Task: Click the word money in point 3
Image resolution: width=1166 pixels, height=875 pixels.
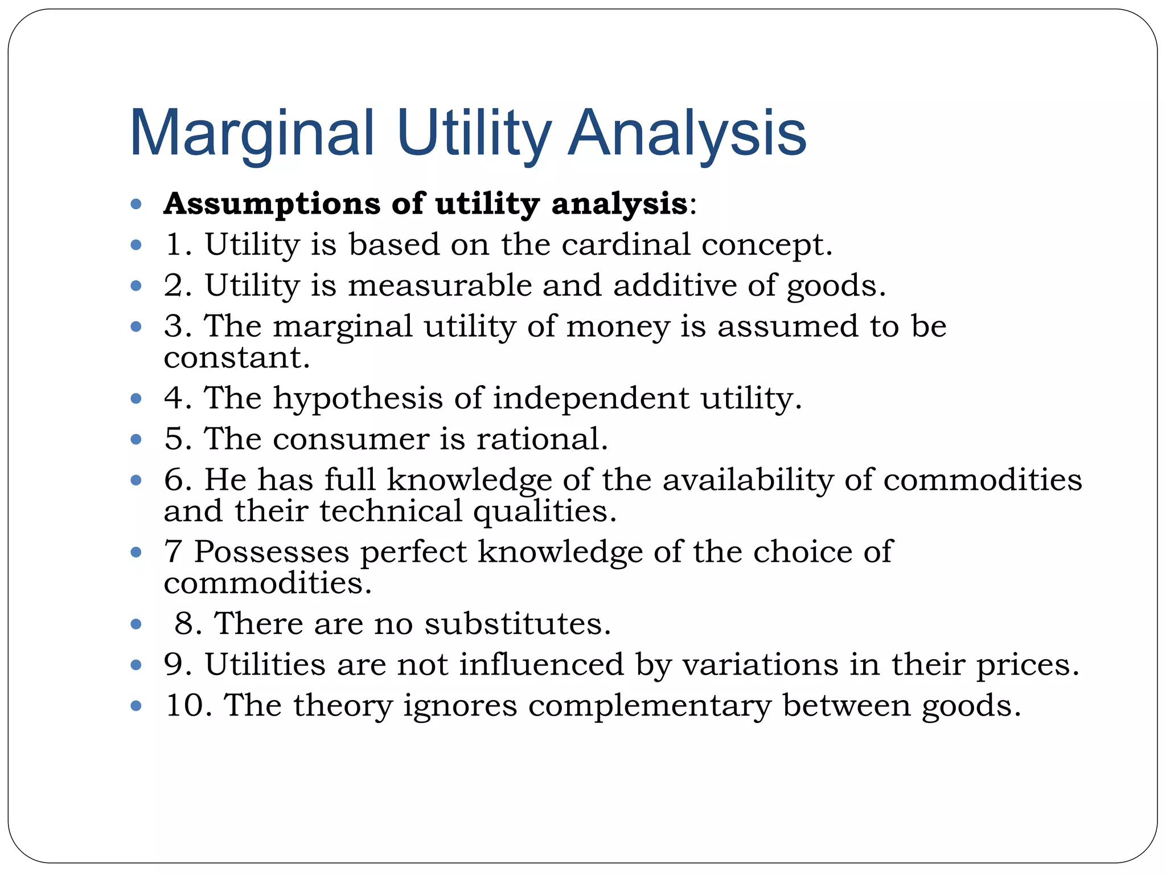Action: tap(618, 326)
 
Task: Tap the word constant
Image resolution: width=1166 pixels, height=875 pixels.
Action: tap(237, 358)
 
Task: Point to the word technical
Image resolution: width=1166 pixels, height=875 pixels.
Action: tap(391, 511)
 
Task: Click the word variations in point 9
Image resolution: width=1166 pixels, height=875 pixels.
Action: tap(760, 665)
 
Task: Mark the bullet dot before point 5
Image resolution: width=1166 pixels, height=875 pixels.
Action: tap(136, 439)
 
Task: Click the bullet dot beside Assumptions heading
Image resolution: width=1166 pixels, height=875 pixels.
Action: tap(136, 204)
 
